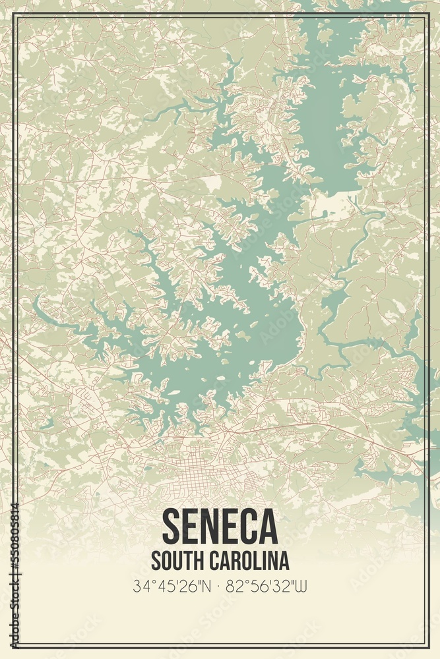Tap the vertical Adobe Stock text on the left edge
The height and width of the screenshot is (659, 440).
(x=15, y=606)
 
